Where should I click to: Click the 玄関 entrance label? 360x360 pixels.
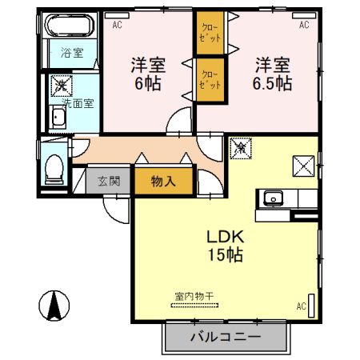(x=109, y=181)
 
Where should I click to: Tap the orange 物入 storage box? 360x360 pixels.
(x=163, y=182)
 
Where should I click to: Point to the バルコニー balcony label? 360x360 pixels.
(x=225, y=337)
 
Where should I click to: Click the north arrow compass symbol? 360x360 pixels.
(x=54, y=304)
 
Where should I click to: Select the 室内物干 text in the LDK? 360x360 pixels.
(x=194, y=297)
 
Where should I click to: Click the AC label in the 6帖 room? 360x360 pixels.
(x=117, y=26)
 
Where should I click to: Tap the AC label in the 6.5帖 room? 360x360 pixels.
(x=304, y=26)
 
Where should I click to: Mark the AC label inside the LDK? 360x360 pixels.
(x=301, y=306)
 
